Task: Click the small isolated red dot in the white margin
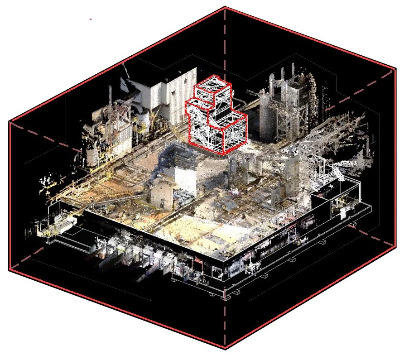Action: [91, 19]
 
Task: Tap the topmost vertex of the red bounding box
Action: [226, 7]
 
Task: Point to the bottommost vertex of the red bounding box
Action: [225, 349]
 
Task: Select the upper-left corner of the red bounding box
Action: [10, 121]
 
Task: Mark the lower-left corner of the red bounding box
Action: [10, 270]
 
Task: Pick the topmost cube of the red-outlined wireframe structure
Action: [213, 91]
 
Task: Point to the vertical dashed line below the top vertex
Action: [226, 45]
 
